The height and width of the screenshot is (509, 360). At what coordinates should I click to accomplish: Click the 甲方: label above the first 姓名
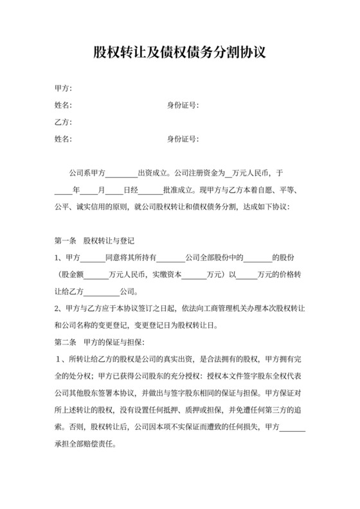click(63, 88)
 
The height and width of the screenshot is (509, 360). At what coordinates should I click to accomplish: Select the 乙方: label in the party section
click(63, 121)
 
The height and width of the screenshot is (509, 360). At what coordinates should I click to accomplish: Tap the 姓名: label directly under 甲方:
click(63, 105)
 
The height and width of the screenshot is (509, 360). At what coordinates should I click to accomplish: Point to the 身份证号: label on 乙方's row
click(183, 138)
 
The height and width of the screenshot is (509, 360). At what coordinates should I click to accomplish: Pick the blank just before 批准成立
click(150, 191)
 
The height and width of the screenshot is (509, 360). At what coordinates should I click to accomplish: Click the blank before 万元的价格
click(247, 274)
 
